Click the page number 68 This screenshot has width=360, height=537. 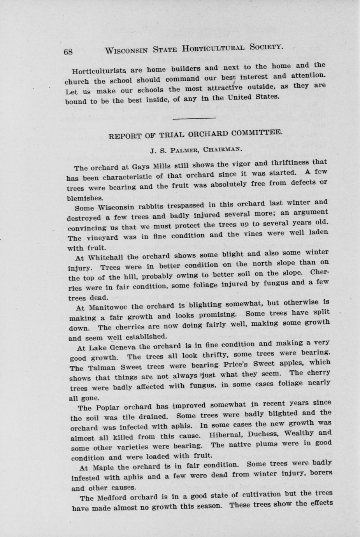point(68,52)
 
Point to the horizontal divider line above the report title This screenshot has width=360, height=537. point(194,118)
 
